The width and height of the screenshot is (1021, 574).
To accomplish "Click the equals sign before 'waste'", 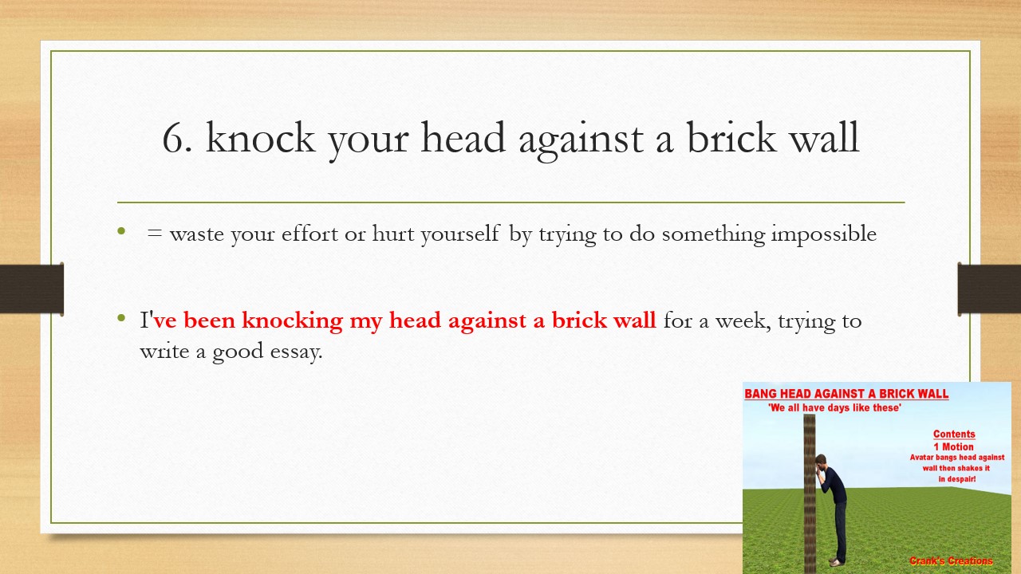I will click(154, 234).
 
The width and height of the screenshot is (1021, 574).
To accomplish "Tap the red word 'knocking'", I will click(292, 320).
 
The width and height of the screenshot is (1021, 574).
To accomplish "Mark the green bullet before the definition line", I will click(121, 232).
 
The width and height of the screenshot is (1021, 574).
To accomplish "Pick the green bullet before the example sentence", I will click(121, 319).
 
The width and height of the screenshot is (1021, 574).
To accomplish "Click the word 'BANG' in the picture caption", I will click(763, 394).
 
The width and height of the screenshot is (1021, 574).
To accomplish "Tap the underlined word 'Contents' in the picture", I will click(954, 434).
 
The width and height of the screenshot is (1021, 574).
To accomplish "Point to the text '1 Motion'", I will click(954, 446).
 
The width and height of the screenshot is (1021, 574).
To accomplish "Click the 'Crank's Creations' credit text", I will click(951, 561).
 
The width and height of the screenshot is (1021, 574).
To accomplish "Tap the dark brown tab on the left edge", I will click(32, 289).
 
